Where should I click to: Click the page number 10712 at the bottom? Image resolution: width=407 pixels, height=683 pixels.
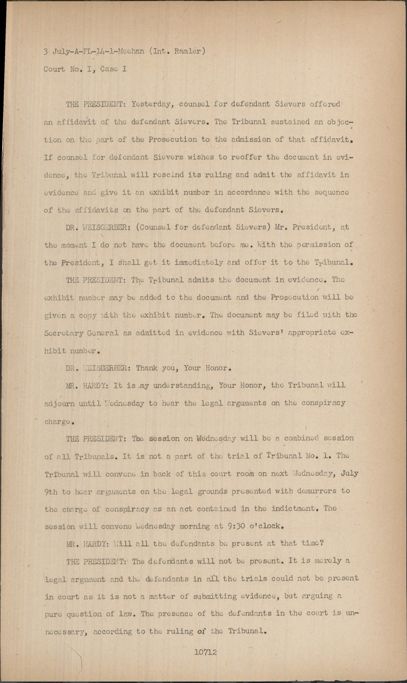pyautogui.click(x=205, y=652)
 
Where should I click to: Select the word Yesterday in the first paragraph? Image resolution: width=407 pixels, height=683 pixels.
pyautogui.click(x=151, y=104)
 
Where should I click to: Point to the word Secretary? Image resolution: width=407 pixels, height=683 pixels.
pyautogui.click(x=63, y=333)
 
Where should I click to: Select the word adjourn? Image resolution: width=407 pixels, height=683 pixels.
pyautogui.click(x=59, y=403)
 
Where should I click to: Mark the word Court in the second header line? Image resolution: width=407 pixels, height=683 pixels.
pyautogui.click(x=54, y=69)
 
